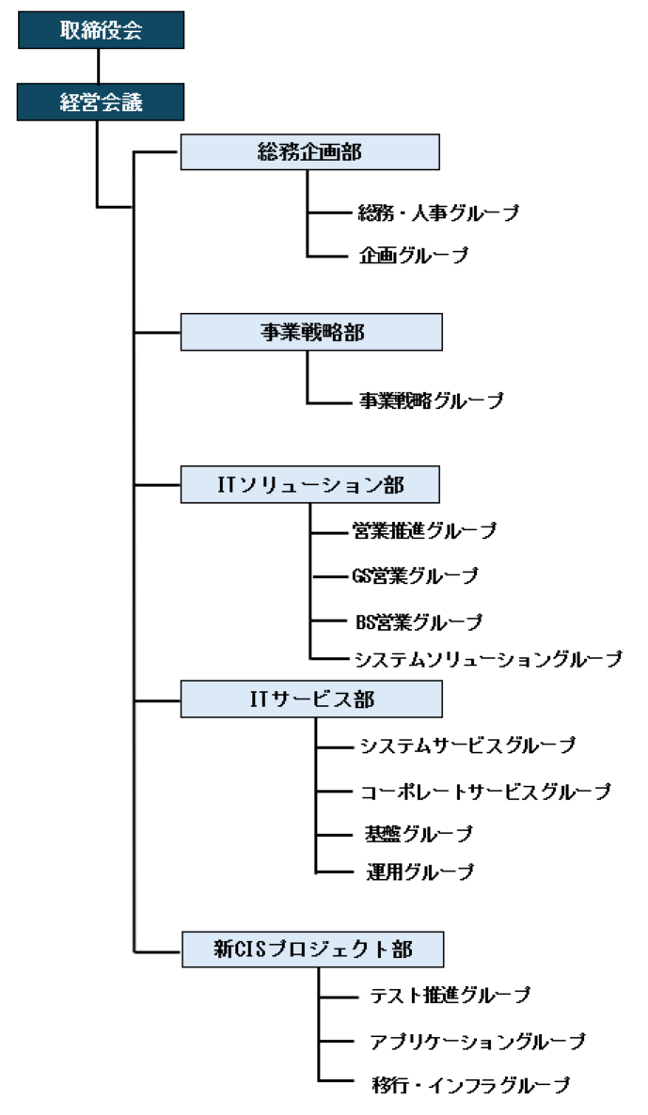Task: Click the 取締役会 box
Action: point(100,30)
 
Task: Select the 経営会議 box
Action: point(100,102)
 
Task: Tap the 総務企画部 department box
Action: point(309,152)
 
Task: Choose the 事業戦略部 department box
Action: point(310,333)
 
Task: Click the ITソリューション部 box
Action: point(309,485)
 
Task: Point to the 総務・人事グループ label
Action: point(438,213)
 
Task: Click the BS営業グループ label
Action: point(419,621)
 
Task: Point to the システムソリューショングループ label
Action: point(488,659)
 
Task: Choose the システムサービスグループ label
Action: point(467,746)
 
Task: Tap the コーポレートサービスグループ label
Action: point(486,792)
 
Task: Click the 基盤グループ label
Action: point(418,834)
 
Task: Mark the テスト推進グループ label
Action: point(450,995)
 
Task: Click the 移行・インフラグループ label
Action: point(470,1086)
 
